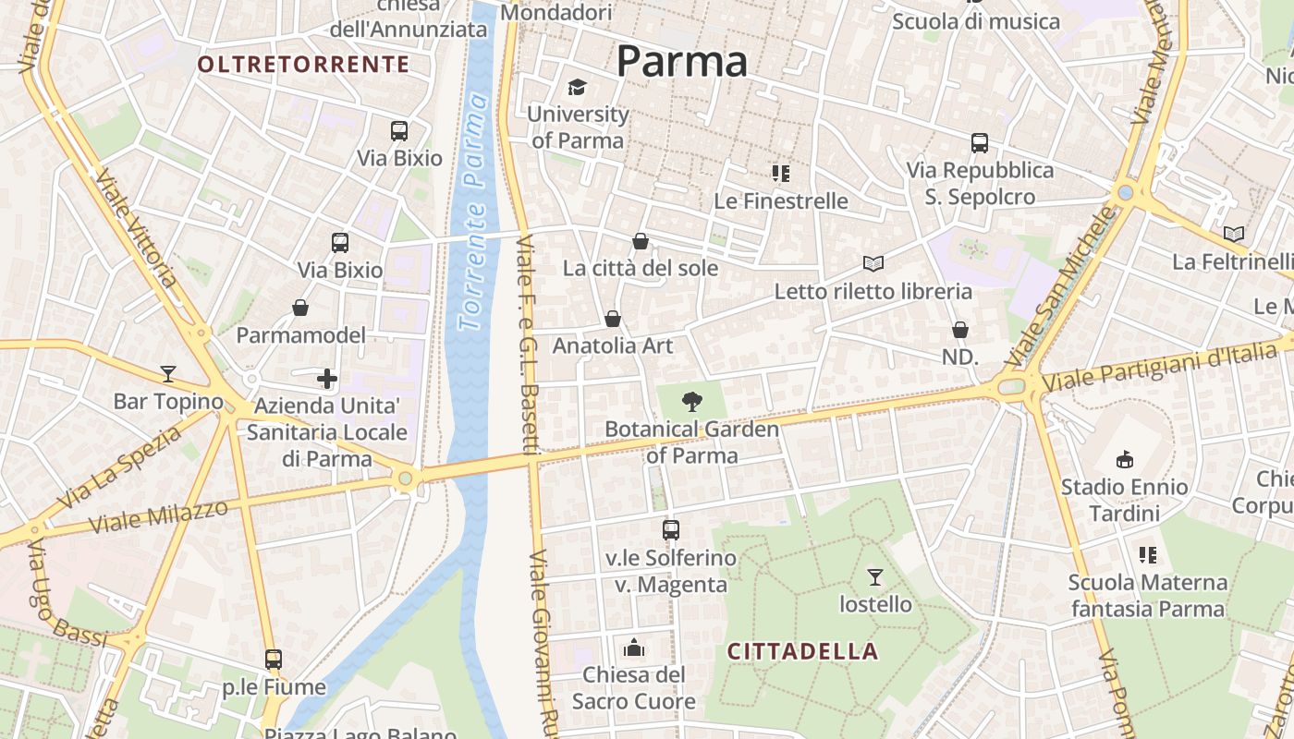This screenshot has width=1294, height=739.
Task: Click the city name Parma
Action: [681, 62]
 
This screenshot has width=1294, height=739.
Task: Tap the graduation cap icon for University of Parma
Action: [578, 88]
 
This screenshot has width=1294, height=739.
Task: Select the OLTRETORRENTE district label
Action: [303, 64]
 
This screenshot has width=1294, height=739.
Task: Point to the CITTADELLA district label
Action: [802, 651]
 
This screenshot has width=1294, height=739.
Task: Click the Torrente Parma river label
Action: [473, 212]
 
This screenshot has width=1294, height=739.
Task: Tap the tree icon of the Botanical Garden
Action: [691, 402]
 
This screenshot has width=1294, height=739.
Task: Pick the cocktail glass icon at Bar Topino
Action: [167, 373]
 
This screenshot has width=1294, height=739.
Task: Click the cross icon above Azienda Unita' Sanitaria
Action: [327, 378]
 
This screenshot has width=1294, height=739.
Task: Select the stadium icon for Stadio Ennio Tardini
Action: [1125, 459]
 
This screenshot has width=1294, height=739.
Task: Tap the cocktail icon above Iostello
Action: [874, 577]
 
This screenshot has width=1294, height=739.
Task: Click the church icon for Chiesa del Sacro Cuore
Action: [634, 648]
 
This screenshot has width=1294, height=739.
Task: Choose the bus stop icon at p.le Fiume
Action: [273, 660]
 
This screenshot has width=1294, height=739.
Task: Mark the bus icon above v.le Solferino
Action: [671, 530]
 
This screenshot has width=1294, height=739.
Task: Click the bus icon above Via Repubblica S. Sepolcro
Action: [980, 143]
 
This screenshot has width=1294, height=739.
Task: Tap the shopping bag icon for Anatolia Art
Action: [612, 319]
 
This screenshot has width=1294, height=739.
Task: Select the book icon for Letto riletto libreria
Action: [873, 264]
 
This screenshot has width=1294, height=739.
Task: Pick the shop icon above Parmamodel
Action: [300, 308]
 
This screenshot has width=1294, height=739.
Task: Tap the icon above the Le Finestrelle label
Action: [781, 173]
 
